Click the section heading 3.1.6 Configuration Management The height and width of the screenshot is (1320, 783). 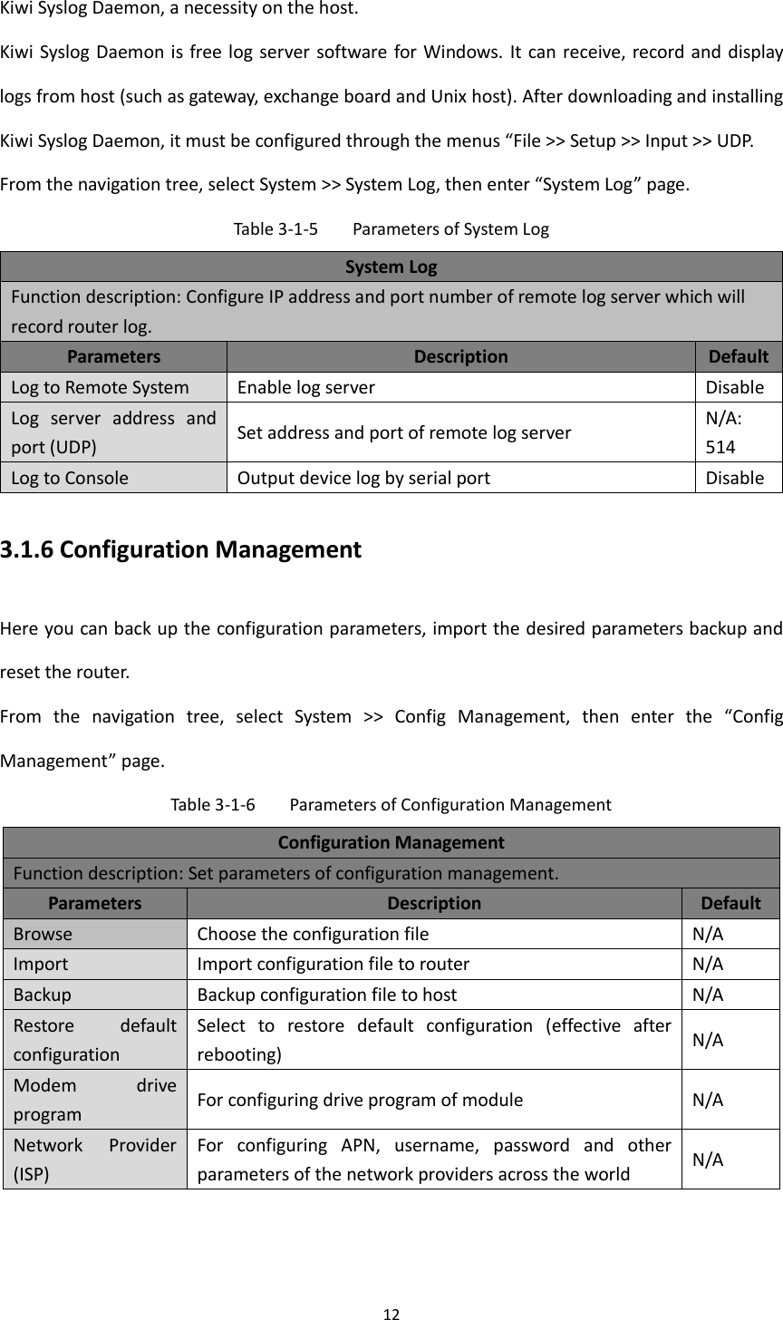coord(180,549)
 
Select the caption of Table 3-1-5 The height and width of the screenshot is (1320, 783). coord(391,229)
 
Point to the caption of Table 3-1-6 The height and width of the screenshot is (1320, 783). coord(391,804)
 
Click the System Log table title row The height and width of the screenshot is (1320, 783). coord(391,267)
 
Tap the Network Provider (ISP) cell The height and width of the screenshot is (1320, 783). coord(94,1159)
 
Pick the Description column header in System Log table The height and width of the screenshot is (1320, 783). coord(460,356)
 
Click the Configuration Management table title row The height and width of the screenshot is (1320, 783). coord(391,842)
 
